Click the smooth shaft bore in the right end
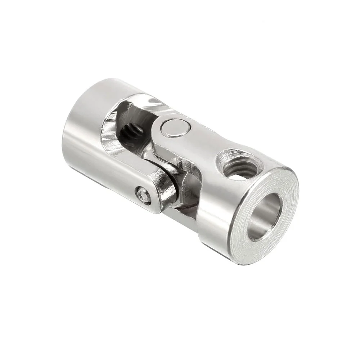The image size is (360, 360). coord(265,216)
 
